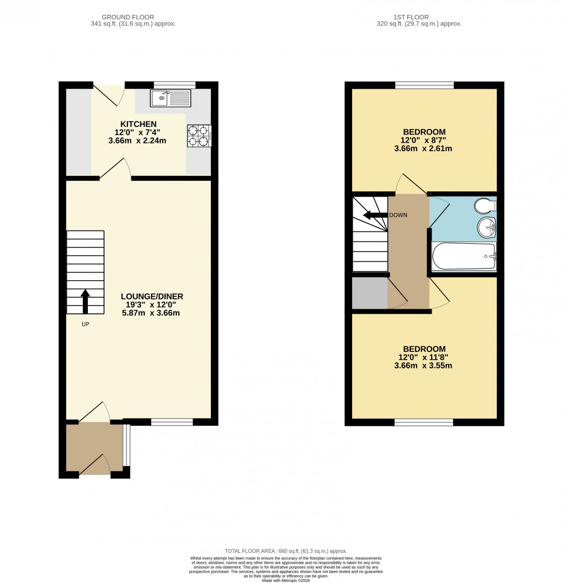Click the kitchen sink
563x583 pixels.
[171, 99]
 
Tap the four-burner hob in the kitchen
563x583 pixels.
[199, 136]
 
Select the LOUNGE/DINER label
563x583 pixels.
[152, 296]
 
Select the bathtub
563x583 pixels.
[464, 256]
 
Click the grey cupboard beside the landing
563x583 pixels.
[370, 292]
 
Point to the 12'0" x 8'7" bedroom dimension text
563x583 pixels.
[424, 140]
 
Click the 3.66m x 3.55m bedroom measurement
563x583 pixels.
[424, 366]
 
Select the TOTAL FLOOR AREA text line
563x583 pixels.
[285, 551]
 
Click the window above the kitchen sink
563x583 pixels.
[172, 85]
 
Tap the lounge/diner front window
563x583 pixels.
[172, 422]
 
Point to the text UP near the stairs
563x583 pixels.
[86, 324]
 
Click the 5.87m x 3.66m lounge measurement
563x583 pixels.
[152, 313]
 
